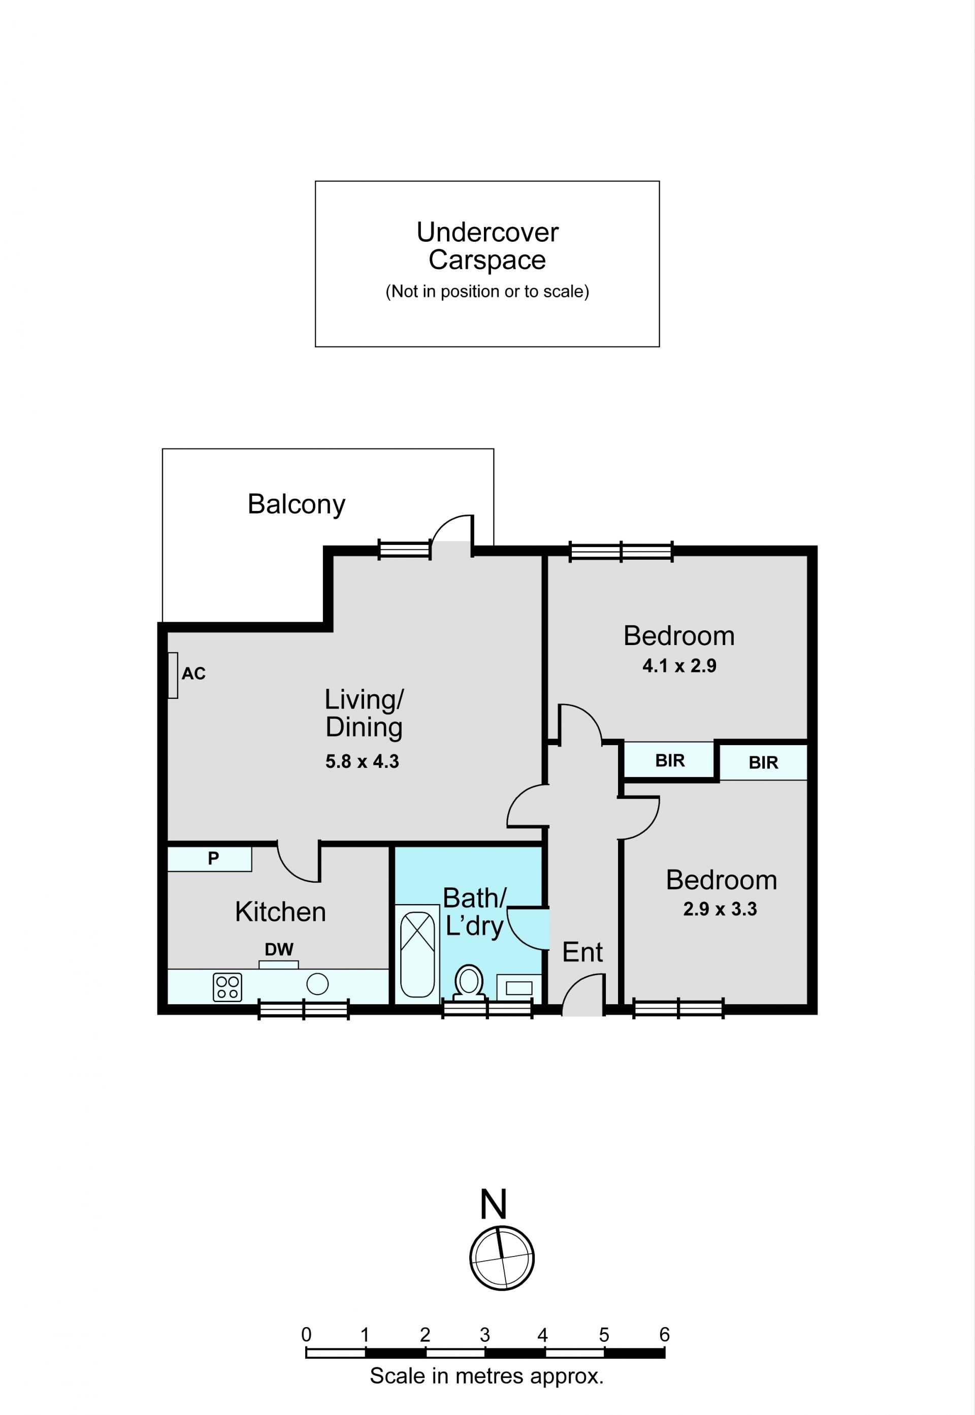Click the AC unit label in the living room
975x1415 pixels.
(193, 673)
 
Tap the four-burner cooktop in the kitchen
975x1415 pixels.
(227, 987)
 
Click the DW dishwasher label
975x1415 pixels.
(279, 949)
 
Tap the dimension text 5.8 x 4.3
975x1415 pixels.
(362, 761)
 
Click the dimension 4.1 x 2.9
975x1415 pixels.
(679, 665)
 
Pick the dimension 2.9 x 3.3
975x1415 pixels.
(720, 909)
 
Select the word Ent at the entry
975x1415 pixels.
(582, 952)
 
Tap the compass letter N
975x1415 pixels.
(493, 1204)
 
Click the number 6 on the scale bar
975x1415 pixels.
(664, 1334)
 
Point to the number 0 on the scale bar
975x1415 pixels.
(306, 1334)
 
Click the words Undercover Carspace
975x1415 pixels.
(487, 246)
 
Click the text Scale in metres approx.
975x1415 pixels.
(486, 1376)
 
